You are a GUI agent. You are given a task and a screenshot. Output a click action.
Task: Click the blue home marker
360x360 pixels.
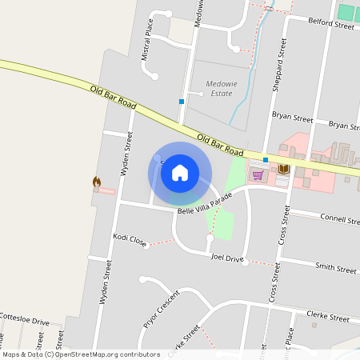(180, 172)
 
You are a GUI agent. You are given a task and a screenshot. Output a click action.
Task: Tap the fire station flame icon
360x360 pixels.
(97, 182)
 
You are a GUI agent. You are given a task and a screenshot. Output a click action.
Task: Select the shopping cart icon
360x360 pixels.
(258, 174)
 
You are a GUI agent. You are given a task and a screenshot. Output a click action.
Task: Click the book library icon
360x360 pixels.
(283, 170)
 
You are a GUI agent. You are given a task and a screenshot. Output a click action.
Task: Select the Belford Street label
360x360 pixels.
(330, 26)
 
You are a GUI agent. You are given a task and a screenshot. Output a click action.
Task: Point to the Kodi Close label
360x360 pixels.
(130, 238)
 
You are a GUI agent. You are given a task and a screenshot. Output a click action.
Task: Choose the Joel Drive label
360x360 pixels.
(227, 258)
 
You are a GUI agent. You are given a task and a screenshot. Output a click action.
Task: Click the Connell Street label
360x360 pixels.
(339, 219)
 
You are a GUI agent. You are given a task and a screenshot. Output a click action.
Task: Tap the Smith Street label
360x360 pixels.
(335, 268)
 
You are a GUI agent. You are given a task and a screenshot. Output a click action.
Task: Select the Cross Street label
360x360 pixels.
(284, 228)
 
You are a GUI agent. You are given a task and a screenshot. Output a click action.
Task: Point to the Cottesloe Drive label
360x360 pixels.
(24, 322)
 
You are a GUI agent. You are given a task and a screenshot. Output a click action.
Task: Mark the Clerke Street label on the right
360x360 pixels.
(327, 318)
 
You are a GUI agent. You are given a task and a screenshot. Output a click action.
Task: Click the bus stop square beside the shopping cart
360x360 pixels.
(266, 160)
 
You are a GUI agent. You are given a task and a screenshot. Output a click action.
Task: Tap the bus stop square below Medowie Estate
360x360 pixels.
(182, 102)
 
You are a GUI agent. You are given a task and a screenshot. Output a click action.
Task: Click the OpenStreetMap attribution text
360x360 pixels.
(81, 354)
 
